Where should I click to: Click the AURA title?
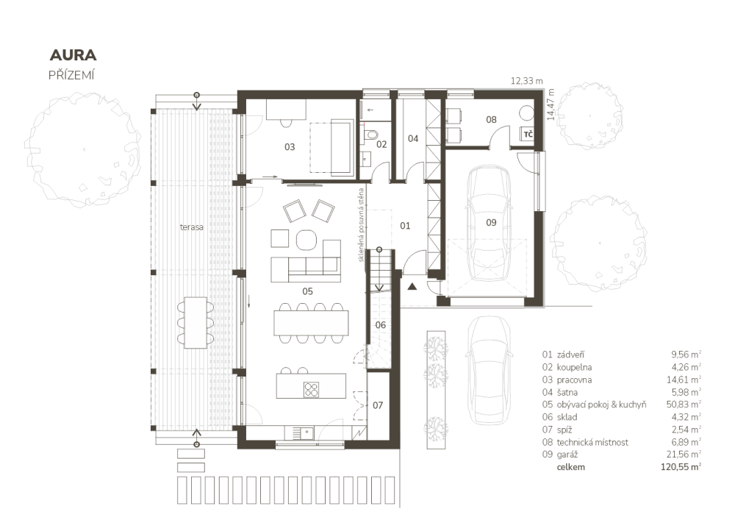(x=73, y=55)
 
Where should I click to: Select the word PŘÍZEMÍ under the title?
(x=71, y=75)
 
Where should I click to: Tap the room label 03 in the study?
(x=290, y=147)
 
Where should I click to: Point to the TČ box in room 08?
(x=528, y=135)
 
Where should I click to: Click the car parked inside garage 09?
(x=491, y=223)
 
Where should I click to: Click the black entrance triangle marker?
(x=412, y=287)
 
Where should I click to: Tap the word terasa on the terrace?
(x=192, y=227)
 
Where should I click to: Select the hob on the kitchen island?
(x=311, y=389)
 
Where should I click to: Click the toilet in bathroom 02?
(x=370, y=135)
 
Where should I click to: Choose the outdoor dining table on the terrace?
(x=196, y=322)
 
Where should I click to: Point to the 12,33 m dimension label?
(x=526, y=81)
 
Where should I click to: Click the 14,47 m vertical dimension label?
(x=551, y=104)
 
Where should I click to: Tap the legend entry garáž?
(x=567, y=455)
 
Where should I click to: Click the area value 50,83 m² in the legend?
(x=684, y=405)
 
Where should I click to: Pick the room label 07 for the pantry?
(x=378, y=405)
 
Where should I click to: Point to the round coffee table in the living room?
(x=306, y=240)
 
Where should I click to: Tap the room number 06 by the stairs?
(x=381, y=325)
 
